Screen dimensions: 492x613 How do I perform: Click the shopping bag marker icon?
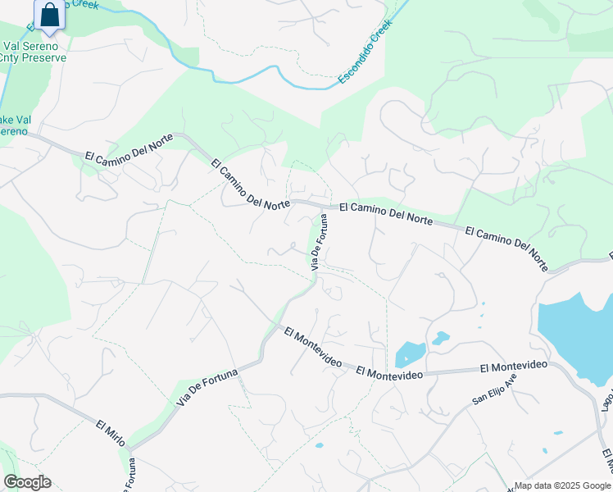point(49,15)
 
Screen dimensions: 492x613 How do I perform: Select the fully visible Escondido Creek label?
point(366,52)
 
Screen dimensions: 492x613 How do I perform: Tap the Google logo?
point(27,482)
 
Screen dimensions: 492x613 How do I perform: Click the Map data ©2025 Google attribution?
point(562,485)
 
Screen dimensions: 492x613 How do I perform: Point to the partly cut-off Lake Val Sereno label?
point(15,125)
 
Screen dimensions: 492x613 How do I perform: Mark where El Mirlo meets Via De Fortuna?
point(128,449)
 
